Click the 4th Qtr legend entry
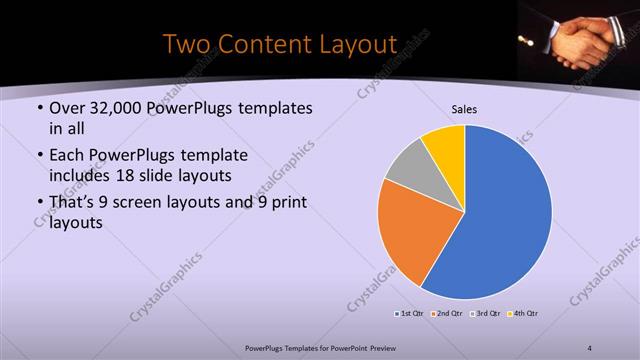click(x=524, y=314)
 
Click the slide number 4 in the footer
click(x=590, y=347)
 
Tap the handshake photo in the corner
click(x=578, y=37)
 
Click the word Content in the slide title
click(x=261, y=45)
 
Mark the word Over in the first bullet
click(x=67, y=108)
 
